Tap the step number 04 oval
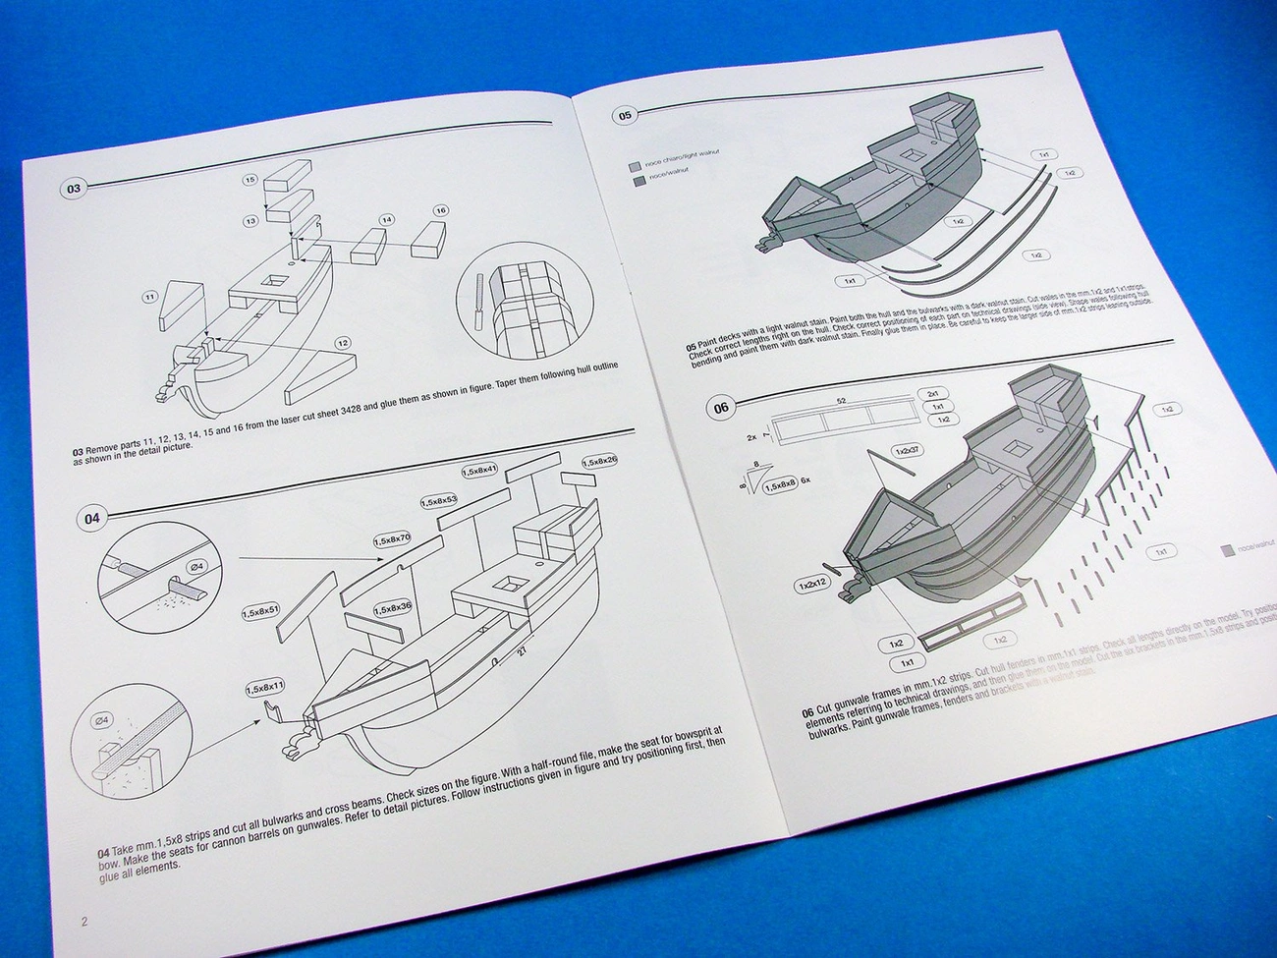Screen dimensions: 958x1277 pos(90,519)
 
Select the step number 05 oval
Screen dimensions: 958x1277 pos(625,115)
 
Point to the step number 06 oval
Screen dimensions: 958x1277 pos(721,408)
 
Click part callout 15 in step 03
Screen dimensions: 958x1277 pos(250,181)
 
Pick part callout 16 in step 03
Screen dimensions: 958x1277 pos(440,210)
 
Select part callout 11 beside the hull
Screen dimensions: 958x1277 pos(150,296)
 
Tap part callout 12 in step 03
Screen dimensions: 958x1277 pos(342,343)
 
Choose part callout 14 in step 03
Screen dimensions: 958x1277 pos(387,219)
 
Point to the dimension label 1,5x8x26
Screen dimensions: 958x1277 pos(599,461)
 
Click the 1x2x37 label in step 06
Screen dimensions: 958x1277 pos(907,451)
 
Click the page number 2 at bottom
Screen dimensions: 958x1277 pos(84,921)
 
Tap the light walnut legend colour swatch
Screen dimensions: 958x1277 pos(635,166)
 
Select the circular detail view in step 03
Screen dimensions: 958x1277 pos(516,303)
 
